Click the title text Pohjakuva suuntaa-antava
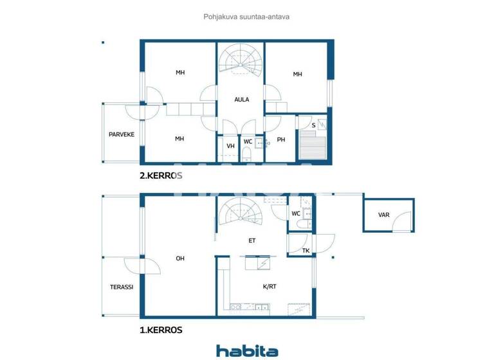pyautogui.click(x=246, y=17)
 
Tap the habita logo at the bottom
pyautogui.click(x=247, y=350)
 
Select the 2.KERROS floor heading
pyautogui.click(x=161, y=175)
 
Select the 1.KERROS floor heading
pyautogui.click(x=161, y=330)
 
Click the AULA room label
pyautogui.click(x=241, y=100)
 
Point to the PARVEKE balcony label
pyautogui.click(x=121, y=134)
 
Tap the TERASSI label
pyautogui.click(x=120, y=287)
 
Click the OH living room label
pyautogui.click(x=180, y=258)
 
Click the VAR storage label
pyautogui.click(x=383, y=216)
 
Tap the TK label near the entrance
pyautogui.click(x=306, y=251)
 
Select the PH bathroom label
pyautogui.click(x=280, y=139)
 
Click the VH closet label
pyautogui.click(x=230, y=146)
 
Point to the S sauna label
pyautogui.click(x=313, y=125)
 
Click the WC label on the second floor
pyautogui.click(x=248, y=141)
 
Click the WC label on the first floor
pyautogui.click(x=296, y=213)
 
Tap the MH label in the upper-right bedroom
pyautogui.click(x=297, y=75)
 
